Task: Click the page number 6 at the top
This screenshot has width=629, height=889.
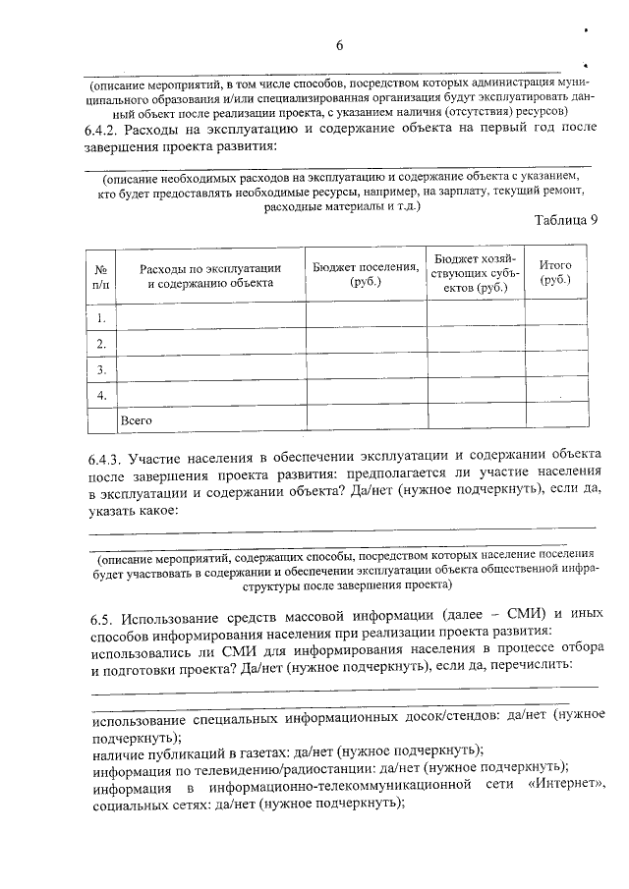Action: click(340, 45)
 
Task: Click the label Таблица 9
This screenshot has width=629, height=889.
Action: click(566, 219)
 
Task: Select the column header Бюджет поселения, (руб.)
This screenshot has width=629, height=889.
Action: click(365, 274)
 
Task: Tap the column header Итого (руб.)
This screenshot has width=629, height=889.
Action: click(555, 273)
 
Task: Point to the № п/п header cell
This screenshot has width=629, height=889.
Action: click(100, 275)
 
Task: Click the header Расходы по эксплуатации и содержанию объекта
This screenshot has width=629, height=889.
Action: click(210, 275)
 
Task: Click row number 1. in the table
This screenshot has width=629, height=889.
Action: click(100, 316)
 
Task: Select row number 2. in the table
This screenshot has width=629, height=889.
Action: click(100, 343)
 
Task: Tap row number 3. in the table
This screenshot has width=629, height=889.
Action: click(100, 369)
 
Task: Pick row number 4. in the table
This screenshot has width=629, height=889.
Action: click(100, 395)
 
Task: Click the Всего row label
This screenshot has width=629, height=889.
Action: click(136, 420)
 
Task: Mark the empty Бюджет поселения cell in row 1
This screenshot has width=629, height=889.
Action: click(365, 316)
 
